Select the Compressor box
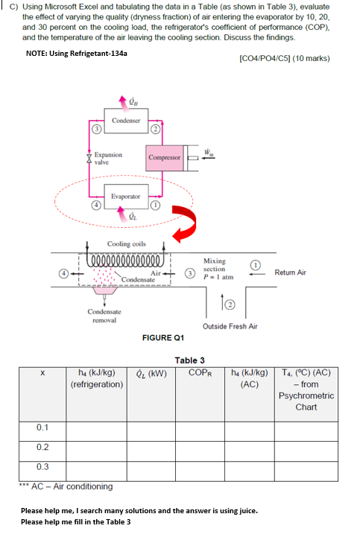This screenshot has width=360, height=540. (x=163, y=158)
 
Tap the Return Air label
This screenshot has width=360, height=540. (x=290, y=273)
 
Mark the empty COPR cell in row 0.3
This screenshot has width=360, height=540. (x=200, y=468)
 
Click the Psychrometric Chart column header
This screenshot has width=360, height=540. (x=306, y=390)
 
